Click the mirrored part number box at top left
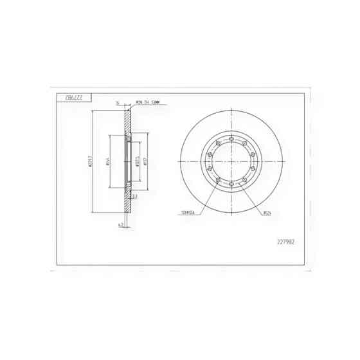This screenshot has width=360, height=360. coord(75,97)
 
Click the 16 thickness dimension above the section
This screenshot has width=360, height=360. coord(118,103)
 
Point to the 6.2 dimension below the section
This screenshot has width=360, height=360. coord(120,225)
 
